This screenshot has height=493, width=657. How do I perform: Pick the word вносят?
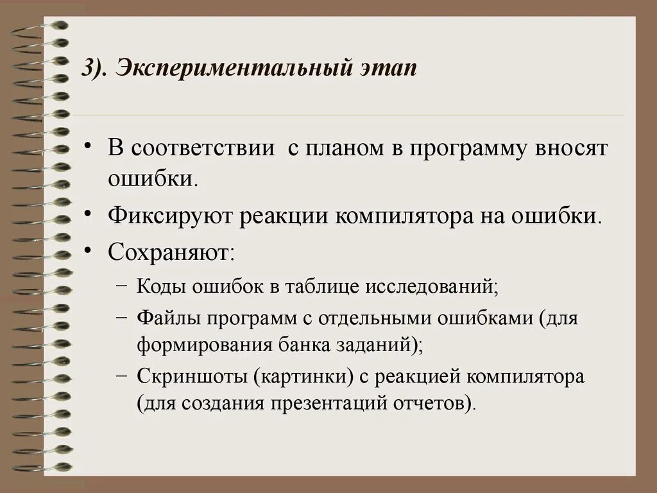click(574, 149)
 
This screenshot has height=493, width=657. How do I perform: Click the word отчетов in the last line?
click(436, 403)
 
